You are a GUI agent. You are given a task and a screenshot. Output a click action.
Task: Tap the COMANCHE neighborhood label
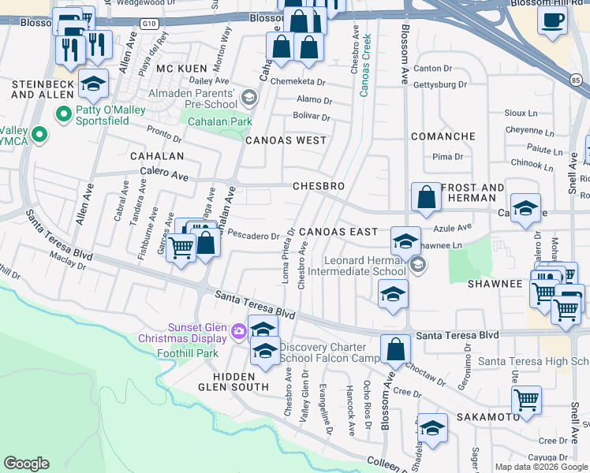[442, 136]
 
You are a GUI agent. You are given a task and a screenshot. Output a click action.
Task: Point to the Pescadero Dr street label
[254, 235]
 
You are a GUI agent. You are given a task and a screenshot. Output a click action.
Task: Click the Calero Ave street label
[164, 173]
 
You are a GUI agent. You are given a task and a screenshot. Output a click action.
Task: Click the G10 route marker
[150, 24]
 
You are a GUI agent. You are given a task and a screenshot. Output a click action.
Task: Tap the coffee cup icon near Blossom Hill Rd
[552, 19]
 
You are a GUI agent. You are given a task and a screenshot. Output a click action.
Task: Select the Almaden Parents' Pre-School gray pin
[249, 98]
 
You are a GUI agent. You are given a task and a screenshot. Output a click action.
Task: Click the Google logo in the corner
[26, 464]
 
